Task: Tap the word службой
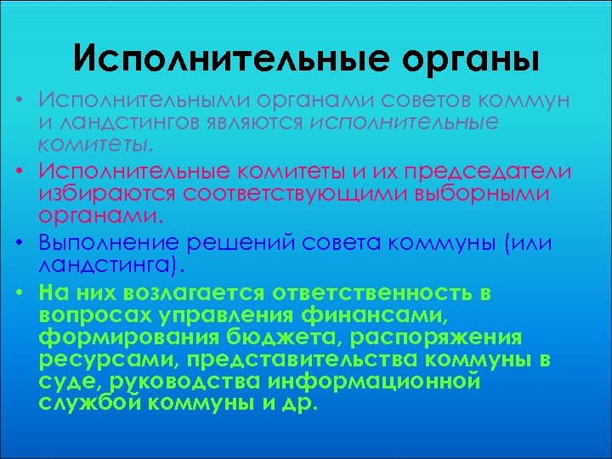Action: (x=91, y=403)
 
